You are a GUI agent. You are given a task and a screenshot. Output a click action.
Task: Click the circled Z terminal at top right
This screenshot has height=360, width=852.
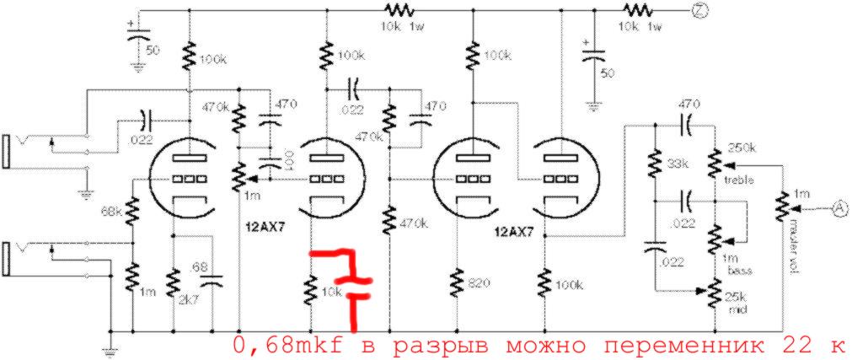[x=698, y=10]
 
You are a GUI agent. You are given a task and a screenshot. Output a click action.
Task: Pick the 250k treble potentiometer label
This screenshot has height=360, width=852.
[x=742, y=148]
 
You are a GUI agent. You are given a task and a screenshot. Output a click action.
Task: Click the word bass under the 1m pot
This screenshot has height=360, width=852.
[x=742, y=269]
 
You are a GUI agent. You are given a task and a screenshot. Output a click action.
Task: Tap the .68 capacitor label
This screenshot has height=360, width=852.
[x=198, y=266]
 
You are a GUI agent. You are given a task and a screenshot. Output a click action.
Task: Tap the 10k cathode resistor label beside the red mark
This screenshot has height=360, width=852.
[x=332, y=292]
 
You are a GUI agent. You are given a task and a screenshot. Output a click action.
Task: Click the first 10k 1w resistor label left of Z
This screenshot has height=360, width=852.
[x=401, y=25]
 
